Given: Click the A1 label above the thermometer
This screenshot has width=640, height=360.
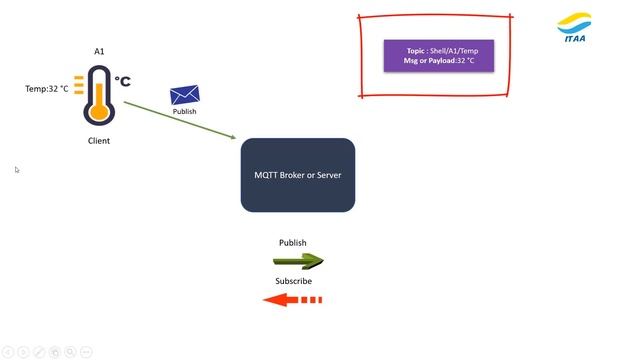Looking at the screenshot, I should coord(99,51).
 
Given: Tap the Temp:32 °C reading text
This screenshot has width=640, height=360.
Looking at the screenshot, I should coord(47,89).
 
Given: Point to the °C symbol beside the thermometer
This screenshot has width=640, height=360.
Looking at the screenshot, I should coord(122,81).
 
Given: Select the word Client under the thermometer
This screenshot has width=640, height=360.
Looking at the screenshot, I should coord(99,141).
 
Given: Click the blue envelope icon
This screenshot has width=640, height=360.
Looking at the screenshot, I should coord(184,95).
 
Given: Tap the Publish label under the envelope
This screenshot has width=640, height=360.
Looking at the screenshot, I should coord(185,112).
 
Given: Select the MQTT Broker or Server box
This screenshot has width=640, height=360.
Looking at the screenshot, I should coord(298,175).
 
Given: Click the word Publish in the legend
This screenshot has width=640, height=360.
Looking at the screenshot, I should coord(293,243).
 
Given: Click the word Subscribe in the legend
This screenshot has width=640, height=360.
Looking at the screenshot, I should coord(294,281).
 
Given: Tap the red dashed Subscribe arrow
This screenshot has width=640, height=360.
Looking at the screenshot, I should coord(292,299).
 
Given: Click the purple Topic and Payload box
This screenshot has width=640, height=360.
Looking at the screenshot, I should coord(438,55).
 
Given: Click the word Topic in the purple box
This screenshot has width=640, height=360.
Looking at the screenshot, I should coord(416,50).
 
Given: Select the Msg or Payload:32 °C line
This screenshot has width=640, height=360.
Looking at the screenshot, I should coord(438,61).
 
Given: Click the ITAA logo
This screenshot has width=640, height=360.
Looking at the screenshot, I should coord(574,28).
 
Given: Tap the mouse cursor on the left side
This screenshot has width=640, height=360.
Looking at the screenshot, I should coord(16,169).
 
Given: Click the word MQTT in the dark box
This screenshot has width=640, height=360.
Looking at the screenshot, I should coord(266,175).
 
